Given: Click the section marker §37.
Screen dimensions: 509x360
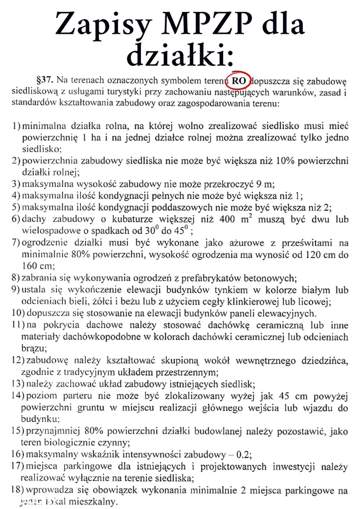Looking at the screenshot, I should click(x=44, y=80).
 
